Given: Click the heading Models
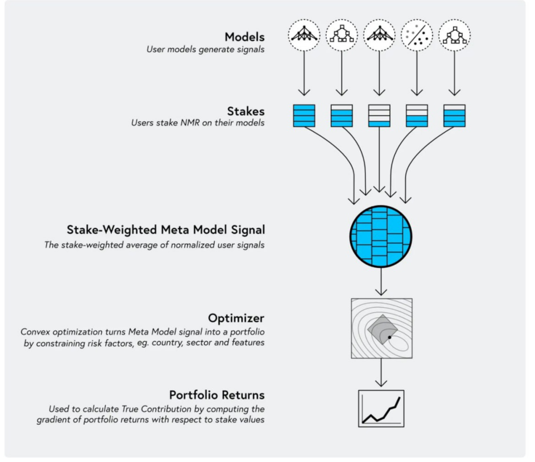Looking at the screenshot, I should coord(245,37).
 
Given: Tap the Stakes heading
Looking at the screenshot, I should coord(246,111).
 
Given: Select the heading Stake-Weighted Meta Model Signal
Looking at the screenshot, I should coord(166,230).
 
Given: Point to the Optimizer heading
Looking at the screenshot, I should coord(236,318).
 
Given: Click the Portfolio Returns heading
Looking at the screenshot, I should coord(217,395).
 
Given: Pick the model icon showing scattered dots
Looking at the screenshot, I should coord(417,35).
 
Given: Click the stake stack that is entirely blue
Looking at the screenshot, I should coord(304,116).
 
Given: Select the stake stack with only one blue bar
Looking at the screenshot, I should coord(379,116).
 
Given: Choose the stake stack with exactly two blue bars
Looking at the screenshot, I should coord(417,116).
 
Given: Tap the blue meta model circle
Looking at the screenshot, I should coord(381,236).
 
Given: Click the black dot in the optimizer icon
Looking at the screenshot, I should coord(389,338).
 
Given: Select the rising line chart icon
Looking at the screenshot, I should coord(381,408).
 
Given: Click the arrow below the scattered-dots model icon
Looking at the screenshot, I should coord(417,73).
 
